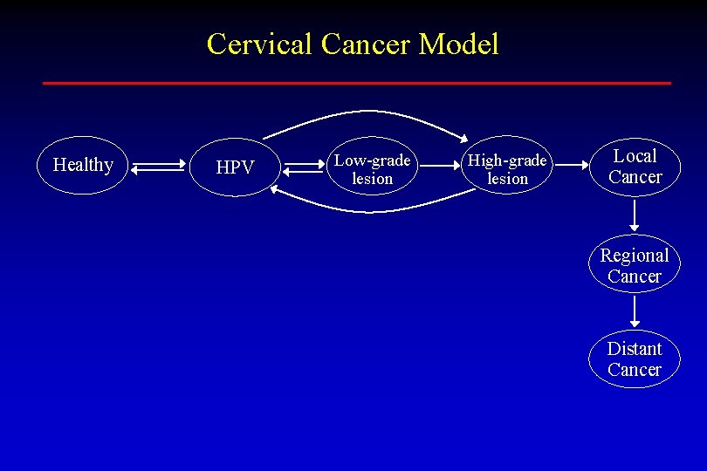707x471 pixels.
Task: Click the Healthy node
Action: (x=83, y=165)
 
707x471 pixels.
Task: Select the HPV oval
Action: (x=235, y=167)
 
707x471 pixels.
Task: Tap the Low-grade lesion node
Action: (x=373, y=169)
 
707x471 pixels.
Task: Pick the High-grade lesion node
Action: (x=507, y=169)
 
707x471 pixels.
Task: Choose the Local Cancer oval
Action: (x=635, y=167)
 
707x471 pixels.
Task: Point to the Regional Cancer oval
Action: (x=635, y=265)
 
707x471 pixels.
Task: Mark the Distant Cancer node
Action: (x=635, y=358)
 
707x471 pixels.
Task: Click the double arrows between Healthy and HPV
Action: (x=160, y=167)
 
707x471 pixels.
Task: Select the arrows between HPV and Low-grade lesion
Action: (x=304, y=166)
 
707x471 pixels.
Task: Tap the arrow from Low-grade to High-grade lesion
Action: (x=439, y=165)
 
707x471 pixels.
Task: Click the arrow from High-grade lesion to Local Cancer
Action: (x=573, y=165)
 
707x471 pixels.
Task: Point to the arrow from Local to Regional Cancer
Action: (x=635, y=215)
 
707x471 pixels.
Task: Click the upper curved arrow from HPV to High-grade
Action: (x=367, y=113)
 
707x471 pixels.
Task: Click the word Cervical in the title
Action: (x=259, y=44)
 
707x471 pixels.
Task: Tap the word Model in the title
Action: (x=458, y=44)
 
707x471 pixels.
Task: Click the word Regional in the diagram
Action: (x=635, y=256)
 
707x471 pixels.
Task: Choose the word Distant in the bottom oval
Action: (x=635, y=349)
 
